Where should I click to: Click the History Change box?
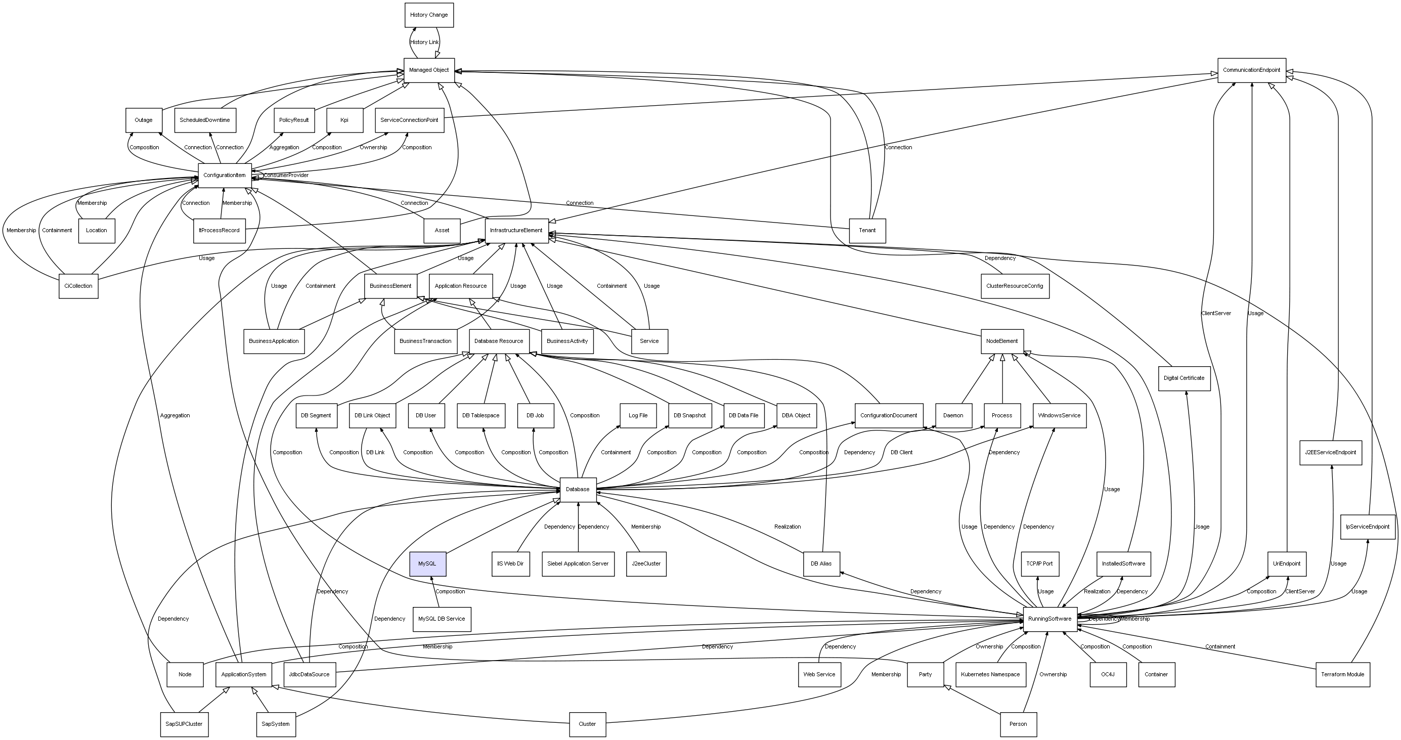tap(429, 15)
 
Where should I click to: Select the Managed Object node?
tap(429, 70)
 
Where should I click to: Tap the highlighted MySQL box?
tap(427, 564)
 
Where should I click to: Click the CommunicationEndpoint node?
tap(1251, 70)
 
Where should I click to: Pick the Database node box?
tap(578, 489)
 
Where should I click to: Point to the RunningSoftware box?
tap(1049, 619)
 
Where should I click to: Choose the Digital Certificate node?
tap(1184, 378)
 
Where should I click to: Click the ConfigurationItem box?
tap(225, 175)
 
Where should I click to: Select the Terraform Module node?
tap(1343, 675)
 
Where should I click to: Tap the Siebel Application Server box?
tap(578, 564)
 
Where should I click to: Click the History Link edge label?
tap(424, 42)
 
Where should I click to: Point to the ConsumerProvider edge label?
tap(286, 175)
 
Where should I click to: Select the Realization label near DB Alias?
tap(787, 527)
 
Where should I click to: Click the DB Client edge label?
tap(901, 452)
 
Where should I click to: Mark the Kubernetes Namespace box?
tap(991, 675)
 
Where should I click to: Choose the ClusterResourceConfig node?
tap(1015, 286)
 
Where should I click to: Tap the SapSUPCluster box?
tap(185, 724)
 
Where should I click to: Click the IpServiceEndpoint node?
tap(1368, 527)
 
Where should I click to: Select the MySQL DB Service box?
tap(442, 619)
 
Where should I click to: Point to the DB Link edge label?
tap(375, 452)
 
